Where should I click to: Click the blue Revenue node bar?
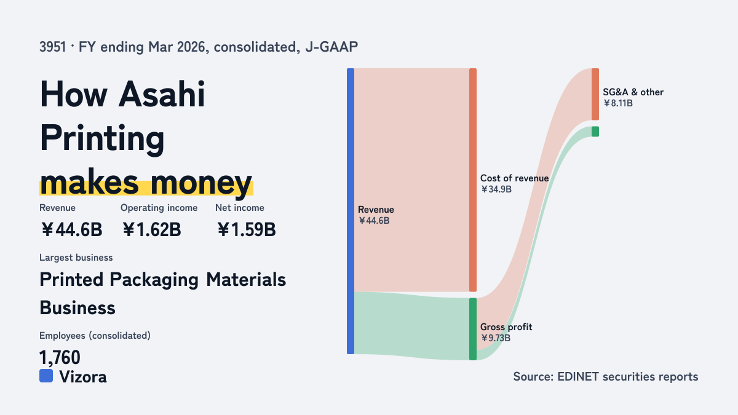(351, 211)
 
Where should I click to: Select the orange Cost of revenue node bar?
(473, 180)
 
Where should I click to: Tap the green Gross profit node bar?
(473, 329)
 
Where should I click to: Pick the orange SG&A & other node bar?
(595, 94)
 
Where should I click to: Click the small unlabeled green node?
(595, 132)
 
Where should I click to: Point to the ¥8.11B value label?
(617, 103)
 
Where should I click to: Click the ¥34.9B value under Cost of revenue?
(496, 189)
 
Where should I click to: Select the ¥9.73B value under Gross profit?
(495, 338)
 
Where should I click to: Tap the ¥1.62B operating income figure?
(151, 229)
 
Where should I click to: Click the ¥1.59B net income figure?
(246, 229)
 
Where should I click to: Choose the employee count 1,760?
(60, 357)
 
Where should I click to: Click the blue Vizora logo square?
(46, 376)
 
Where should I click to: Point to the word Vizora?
(83, 377)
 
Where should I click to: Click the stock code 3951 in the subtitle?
(53, 47)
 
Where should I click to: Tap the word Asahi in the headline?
(162, 95)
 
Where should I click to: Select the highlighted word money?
(201, 183)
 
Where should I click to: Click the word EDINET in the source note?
(578, 377)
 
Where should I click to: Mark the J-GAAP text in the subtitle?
(331, 47)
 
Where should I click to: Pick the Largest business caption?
(76, 258)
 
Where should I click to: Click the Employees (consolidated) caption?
(95, 336)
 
